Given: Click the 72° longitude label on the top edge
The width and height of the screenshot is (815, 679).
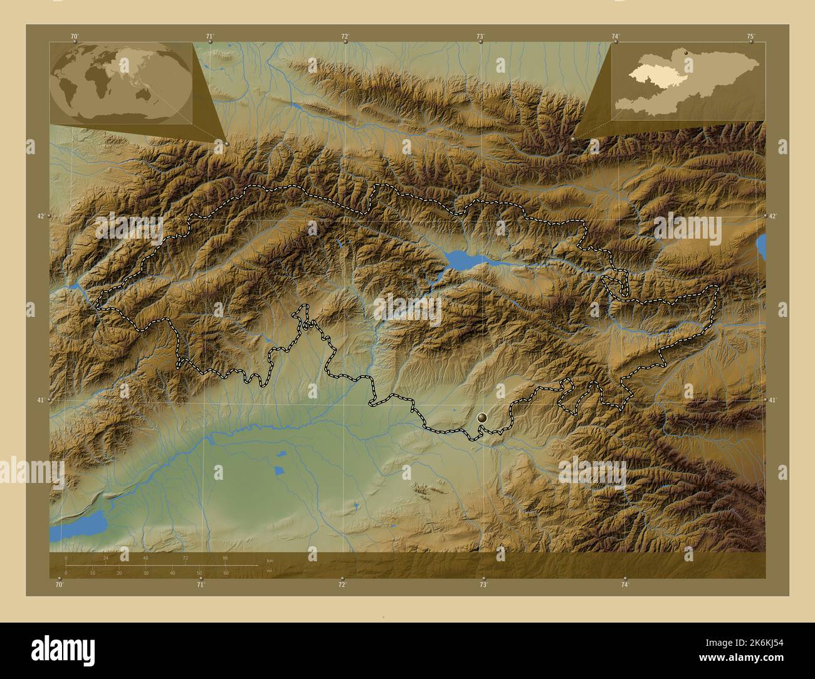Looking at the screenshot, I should [345, 36].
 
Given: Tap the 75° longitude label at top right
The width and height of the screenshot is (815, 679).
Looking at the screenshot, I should [750, 36].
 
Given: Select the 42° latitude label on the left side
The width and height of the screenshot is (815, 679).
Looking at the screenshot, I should [41, 216].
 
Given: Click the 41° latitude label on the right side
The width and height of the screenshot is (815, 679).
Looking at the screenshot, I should [773, 400].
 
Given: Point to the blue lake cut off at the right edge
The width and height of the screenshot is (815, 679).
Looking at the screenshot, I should [761, 246].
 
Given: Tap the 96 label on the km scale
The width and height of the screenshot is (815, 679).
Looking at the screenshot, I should [225, 557].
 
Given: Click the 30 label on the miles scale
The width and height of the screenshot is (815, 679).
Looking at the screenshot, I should [145, 573].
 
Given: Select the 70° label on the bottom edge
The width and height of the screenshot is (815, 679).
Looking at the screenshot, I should [59, 584].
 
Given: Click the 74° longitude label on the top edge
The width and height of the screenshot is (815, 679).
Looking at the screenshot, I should [616, 36].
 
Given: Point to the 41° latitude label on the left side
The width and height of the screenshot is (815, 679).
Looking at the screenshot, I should [41, 400].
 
